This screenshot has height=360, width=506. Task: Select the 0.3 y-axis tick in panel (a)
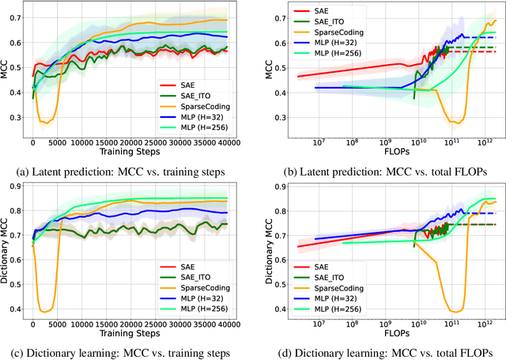pos(15,117)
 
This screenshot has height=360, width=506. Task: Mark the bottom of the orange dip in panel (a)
pos(47,123)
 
